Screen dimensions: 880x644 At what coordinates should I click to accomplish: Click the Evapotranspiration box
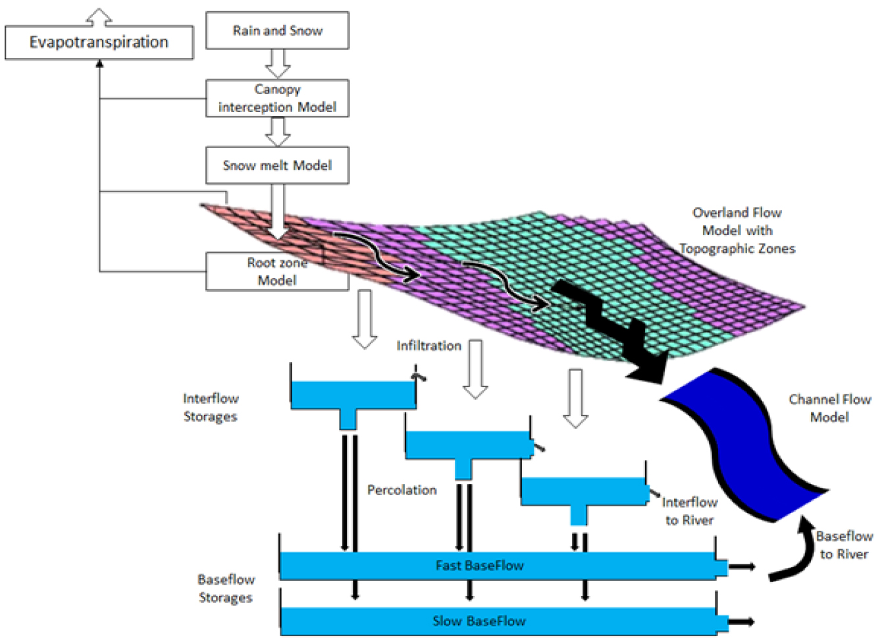point(99,42)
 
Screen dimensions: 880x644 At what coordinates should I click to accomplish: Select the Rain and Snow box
point(277,30)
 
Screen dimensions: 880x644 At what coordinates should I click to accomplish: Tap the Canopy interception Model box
point(277,98)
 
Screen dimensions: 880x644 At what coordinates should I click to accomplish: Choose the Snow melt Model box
point(277,165)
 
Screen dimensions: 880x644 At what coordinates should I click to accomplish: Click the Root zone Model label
point(277,271)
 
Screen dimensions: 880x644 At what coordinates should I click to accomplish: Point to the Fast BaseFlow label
point(480,566)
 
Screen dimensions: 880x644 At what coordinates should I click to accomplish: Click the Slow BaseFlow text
point(479,621)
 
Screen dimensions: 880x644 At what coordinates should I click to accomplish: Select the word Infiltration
point(428,346)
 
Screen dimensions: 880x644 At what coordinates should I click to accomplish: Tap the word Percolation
point(402,490)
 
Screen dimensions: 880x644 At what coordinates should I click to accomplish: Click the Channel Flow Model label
point(830,408)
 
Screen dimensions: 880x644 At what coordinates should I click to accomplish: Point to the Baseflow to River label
point(844,545)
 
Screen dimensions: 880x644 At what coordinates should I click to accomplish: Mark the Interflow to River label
point(690,511)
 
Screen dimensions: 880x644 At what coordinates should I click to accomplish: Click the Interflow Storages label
point(211,408)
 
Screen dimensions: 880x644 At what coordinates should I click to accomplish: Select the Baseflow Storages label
point(226,589)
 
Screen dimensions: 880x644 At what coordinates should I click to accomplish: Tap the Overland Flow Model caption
point(737,230)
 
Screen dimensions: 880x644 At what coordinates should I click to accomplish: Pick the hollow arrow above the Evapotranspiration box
point(99,18)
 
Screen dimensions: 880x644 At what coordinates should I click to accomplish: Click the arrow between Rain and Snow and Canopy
point(278,64)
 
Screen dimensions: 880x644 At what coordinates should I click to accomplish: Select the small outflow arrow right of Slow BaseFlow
point(742,622)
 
